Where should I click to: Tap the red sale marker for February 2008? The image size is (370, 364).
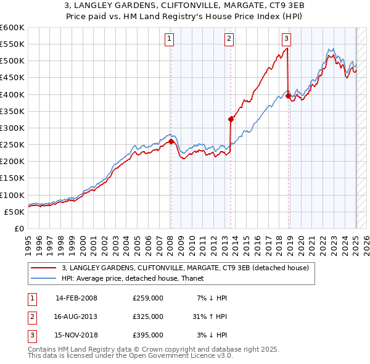171,141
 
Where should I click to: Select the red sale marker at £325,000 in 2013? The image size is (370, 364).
231,119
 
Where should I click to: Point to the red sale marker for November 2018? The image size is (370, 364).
288,96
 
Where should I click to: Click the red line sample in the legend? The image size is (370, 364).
44,268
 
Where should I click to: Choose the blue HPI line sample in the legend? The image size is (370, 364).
44,278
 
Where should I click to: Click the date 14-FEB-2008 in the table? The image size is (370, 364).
76,299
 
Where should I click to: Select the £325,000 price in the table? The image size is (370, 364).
148,316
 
